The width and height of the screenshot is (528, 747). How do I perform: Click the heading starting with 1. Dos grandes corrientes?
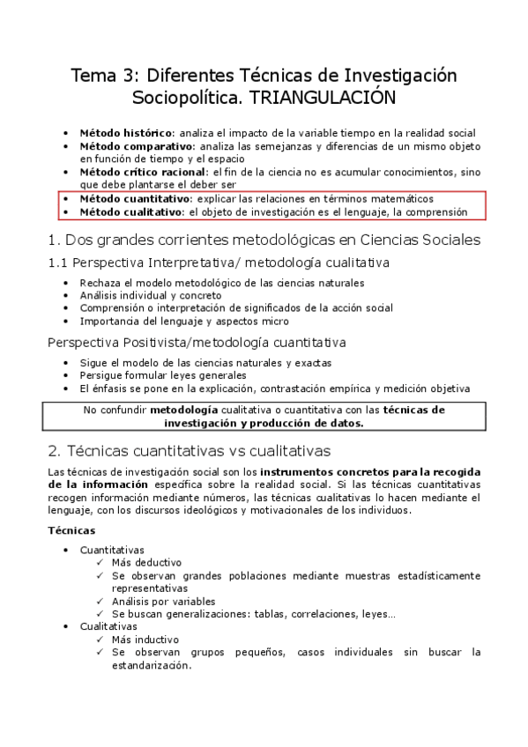coord(264,240)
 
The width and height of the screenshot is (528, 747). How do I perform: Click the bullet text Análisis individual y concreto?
coord(138,295)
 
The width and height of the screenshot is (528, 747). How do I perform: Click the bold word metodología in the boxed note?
coord(182,410)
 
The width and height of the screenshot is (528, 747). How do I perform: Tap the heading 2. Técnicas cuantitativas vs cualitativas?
coord(190,451)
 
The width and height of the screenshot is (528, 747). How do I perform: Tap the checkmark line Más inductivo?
coord(145,639)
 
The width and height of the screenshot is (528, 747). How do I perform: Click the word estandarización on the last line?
coord(151,666)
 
